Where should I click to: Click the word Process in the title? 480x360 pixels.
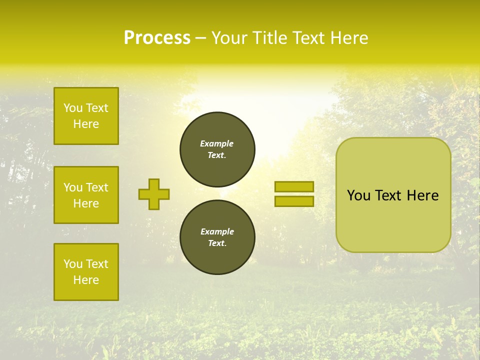click(x=157, y=38)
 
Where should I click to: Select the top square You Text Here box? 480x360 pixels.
click(x=86, y=116)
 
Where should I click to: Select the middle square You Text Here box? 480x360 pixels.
click(x=86, y=195)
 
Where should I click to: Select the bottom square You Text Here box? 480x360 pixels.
click(x=86, y=272)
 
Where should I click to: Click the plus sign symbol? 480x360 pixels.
click(x=154, y=194)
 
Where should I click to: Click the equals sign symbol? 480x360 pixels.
click(x=294, y=194)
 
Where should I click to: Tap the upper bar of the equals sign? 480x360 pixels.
click(x=294, y=186)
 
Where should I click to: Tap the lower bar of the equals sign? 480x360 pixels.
click(x=294, y=201)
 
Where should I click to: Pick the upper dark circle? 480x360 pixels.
click(x=217, y=149)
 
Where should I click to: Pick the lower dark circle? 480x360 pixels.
click(x=217, y=237)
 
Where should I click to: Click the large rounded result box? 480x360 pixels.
click(x=393, y=195)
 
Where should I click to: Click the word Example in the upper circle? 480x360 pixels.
click(x=217, y=143)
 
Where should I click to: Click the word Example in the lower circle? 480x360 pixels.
click(x=217, y=231)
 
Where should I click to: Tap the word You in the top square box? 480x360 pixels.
click(x=73, y=108)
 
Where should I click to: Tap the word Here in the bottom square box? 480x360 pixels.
click(x=86, y=280)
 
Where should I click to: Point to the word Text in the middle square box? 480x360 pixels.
click(x=96, y=187)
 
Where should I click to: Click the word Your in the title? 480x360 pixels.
click(x=229, y=38)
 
